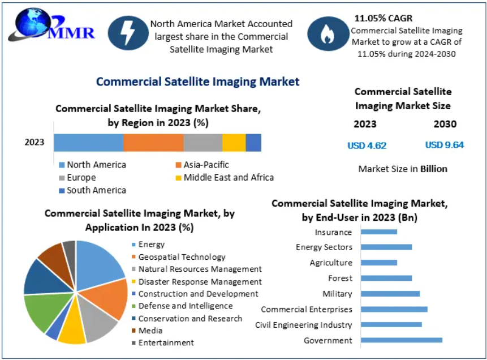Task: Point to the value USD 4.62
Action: point(367,145)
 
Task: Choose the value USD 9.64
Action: point(444,145)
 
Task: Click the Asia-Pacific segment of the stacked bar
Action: point(153,143)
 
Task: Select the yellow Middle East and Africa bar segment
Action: point(234,143)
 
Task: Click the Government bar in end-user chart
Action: point(401,340)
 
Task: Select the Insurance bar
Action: point(379,232)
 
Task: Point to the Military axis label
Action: point(337,294)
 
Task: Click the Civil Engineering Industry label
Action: point(303,325)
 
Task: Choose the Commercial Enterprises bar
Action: point(394,309)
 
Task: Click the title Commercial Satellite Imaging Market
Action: point(197,82)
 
